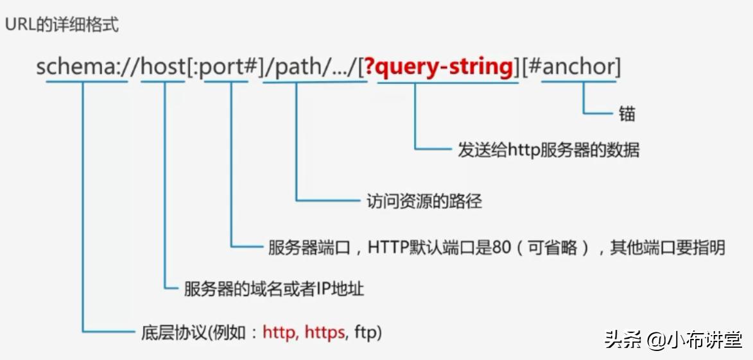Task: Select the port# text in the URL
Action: coord(228,67)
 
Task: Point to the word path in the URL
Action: coord(296,67)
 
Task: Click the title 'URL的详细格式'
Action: coord(62,25)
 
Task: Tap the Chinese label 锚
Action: coord(627,114)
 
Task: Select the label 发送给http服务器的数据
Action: coord(548,150)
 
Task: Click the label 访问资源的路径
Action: coord(424,201)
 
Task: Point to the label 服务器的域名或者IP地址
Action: coord(274,289)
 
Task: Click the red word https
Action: coord(325,332)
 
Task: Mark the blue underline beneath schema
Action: coord(83,82)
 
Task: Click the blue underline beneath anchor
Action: coord(580,82)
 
